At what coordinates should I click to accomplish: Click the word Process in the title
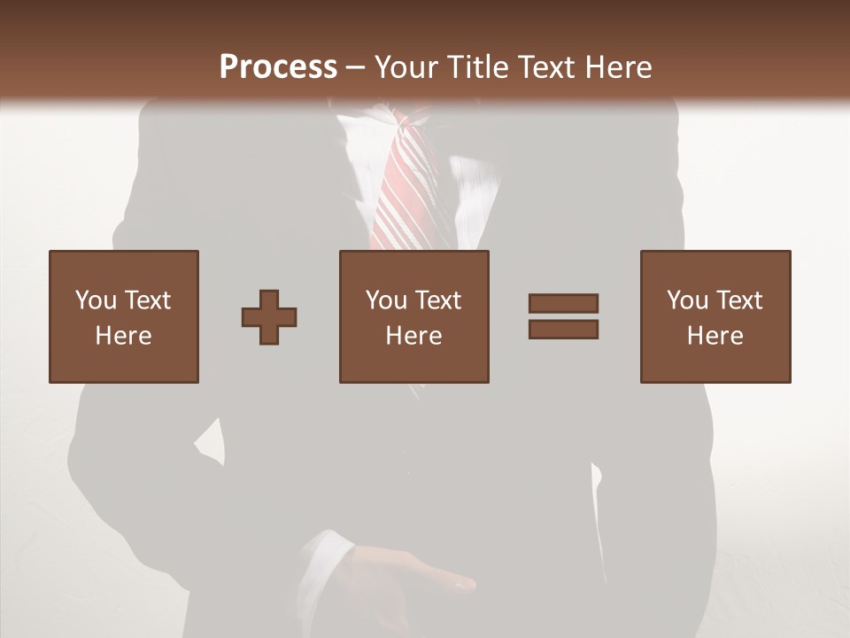tap(278, 66)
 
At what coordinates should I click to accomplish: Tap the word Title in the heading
tap(478, 66)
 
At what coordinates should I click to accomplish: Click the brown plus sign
tap(269, 317)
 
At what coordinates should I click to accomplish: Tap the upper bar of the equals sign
tap(563, 303)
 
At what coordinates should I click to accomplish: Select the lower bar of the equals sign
tap(563, 330)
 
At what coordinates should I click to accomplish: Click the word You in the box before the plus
tap(96, 300)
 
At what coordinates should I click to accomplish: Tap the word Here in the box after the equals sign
tap(715, 336)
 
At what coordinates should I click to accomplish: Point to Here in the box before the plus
tap(123, 336)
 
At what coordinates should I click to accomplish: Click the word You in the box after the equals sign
tap(687, 300)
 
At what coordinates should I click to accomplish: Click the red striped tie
tap(404, 191)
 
